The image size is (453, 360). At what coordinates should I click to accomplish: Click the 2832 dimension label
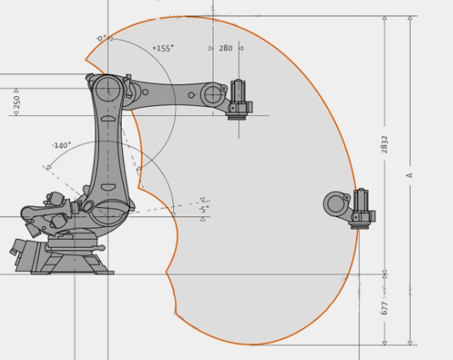pyautogui.click(x=385, y=144)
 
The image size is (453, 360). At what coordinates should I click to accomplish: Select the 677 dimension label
pyautogui.click(x=385, y=308)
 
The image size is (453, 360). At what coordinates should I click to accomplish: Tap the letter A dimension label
pyautogui.click(x=409, y=175)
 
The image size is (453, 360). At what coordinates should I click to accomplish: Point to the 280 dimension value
pyautogui.click(x=225, y=48)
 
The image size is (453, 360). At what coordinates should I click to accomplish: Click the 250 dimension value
pyautogui.click(x=16, y=102)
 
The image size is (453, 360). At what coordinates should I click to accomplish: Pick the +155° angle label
pyautogui.click(x=163, y=48)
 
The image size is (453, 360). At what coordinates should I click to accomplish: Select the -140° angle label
pyautogui.click(x=62, y=145)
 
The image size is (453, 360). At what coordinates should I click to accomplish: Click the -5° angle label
pyautogui.click(x=204, y=209)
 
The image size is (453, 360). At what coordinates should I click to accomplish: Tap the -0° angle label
pyautogui.click(x=101, y=38)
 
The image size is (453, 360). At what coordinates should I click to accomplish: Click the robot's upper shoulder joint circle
pyautogui.click(x=108, y=89)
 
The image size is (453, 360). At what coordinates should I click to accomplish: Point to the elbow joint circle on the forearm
pyautogui.click(x=213, y=95)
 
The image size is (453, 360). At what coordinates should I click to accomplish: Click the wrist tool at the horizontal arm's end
pyautogui.click(x=239, y=100)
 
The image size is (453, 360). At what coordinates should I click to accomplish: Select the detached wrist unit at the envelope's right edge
pyautogui.click(x=350, y=209)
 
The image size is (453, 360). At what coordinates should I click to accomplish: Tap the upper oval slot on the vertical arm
pyautogui.click(x=109, y=118)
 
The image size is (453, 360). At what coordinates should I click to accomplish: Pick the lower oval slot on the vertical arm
pyautogui.click(x=109, y=187)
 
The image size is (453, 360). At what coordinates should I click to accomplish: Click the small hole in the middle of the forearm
pyautogui.click(x=191, y=95)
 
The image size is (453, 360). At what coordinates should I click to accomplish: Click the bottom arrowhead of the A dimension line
pyautogui.click(x=410, y=343)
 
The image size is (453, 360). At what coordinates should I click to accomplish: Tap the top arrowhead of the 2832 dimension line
pyautogui.click(x=385, y=18)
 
